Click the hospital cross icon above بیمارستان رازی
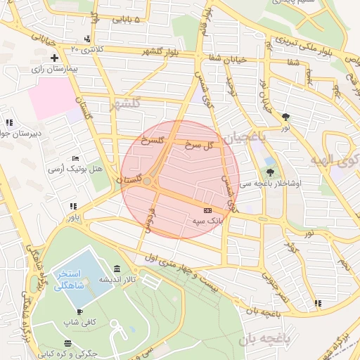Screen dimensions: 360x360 coord(53,57)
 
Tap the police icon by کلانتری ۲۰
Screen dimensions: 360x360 coord(86,38)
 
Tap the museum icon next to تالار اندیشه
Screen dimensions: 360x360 coord(116,270)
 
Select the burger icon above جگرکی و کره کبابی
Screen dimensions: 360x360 coord(67,343)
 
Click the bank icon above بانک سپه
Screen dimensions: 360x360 coord(207,210)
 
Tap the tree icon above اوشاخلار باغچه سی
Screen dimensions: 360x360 coord(270,171)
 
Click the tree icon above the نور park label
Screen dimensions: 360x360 coord(285,117)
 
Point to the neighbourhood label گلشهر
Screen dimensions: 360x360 coord(125,104)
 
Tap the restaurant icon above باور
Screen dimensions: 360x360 coord(72,206)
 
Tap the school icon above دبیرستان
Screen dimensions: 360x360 coord(8,122)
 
